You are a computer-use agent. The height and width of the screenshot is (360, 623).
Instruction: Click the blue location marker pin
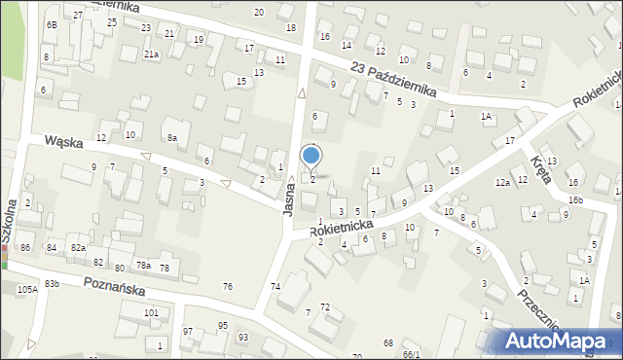click(x=311, y=156)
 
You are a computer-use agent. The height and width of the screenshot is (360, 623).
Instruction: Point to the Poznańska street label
click(x=114, y=288)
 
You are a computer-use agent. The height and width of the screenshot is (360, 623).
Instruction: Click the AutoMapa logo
click(x=561, y=341)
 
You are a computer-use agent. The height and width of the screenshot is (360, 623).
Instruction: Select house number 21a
click(x=151, y=54)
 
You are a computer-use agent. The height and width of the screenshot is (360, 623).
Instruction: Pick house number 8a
click(x=171, y=138)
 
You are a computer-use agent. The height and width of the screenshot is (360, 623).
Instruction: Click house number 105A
click(x=26, y=289)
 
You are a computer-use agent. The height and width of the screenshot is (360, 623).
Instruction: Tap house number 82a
click(x=78, y=249)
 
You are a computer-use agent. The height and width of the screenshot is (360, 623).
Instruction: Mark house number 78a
click(x=142, y=266)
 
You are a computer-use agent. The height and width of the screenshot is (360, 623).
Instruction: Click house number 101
click(x=151, y=312)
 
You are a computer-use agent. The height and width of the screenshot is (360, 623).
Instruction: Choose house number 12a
click(x=502, y=183)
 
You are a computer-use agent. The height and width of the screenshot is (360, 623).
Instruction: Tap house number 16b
click(x=576, y=199)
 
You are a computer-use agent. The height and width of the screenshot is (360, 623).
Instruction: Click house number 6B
click(x=51, y=23)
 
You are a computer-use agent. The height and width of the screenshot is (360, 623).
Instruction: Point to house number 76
click(x=228, y=286)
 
